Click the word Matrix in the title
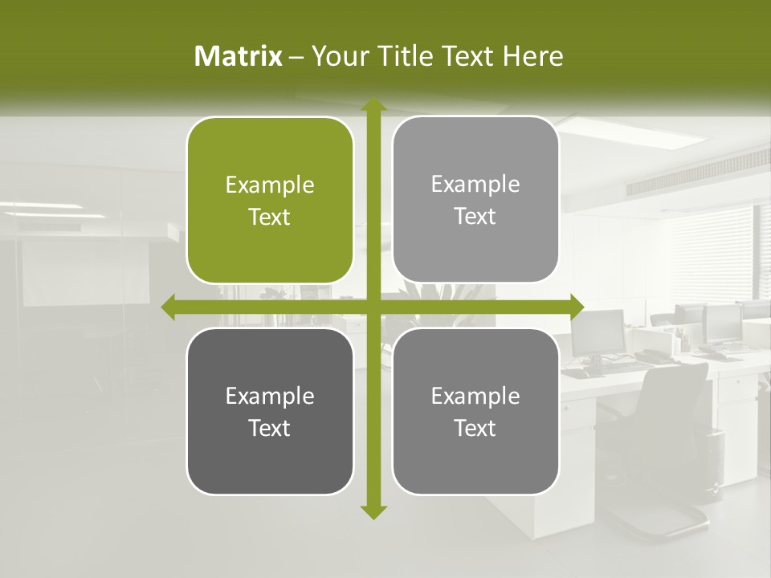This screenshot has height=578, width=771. click(x=239, y=56)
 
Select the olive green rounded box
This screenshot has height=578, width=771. click(x=270, y=201)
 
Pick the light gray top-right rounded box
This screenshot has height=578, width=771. click(x=475, y=199)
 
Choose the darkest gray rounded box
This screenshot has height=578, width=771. click(x=270, y=411)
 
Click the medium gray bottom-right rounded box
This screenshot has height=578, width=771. click(x=475, y=411)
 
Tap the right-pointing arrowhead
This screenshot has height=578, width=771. click(x=577, y=307)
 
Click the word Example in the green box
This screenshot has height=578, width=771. click(x=270, y=185)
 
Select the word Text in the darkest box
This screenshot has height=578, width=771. click(x=270, y=428)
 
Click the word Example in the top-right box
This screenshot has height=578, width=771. click(x=475, y=185)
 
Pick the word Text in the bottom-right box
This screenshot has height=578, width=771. click(x=475, y=428)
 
